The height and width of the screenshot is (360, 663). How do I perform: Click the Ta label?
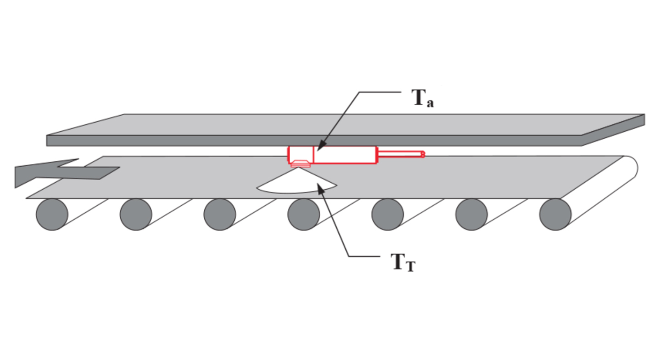pos(422,99)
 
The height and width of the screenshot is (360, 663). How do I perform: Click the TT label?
pos(403,263)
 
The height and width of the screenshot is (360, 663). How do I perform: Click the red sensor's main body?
pos(344,155)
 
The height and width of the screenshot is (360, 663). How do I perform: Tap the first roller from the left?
pos(52,214)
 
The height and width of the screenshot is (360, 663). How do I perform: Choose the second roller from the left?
pos(136,214)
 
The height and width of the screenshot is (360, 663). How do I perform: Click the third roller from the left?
pos(220,214)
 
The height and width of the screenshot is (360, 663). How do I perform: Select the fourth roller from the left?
pos(303,214)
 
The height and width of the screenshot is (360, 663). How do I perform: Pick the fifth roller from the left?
pos(388,214)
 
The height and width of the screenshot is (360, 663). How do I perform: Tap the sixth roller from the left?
pos(472,214)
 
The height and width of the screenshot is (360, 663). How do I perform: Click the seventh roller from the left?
pos(555,214)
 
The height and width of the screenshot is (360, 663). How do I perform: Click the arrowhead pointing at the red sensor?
pos(320,146)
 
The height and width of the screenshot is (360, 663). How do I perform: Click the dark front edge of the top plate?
pos(312,140)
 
